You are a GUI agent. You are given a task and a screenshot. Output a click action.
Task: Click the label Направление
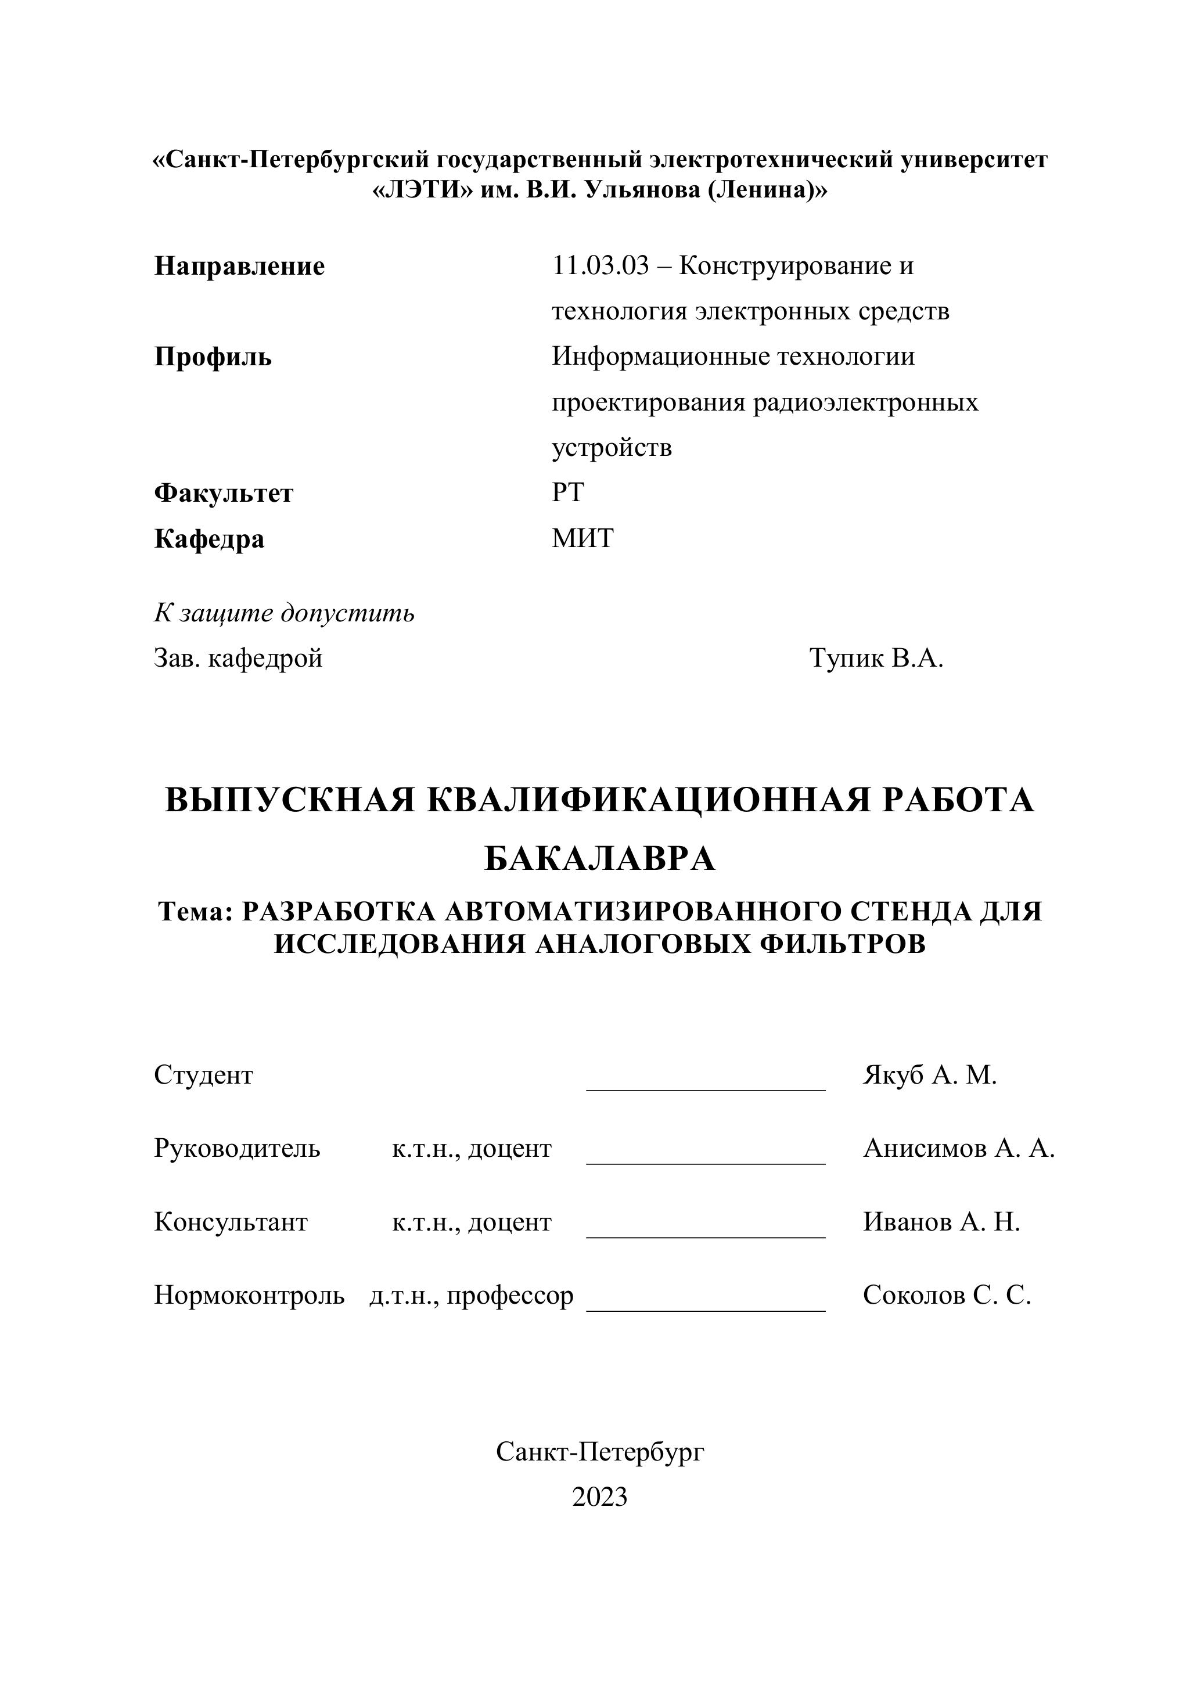[239, 266]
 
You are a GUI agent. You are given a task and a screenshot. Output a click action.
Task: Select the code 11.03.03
[600, 265]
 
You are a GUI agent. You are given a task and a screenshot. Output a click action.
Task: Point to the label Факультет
[224, 493]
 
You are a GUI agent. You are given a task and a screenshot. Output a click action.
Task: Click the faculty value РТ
[567, 492]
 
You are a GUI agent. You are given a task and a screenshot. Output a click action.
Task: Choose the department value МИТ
[582, 538]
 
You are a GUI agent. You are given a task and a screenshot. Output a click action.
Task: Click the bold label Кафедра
[208, 539]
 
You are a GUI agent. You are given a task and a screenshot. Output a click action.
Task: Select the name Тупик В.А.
[876, 657]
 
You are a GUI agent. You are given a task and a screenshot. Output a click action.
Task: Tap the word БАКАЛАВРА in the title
[600, 859]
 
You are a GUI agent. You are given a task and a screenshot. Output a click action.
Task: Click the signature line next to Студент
[706, 1089]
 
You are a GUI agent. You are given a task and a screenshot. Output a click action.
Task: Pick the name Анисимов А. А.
[958, 1149]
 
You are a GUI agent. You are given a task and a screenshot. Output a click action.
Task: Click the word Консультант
[231, 1222]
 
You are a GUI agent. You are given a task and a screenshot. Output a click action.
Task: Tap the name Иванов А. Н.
[941, 1222]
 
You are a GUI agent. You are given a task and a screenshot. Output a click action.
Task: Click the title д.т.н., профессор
[471, 1295]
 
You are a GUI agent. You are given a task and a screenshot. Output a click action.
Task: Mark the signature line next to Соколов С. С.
[706, 1309]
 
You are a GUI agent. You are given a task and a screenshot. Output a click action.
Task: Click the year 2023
[600, 1497]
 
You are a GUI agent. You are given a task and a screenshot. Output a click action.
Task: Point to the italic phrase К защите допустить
[284, 613]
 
